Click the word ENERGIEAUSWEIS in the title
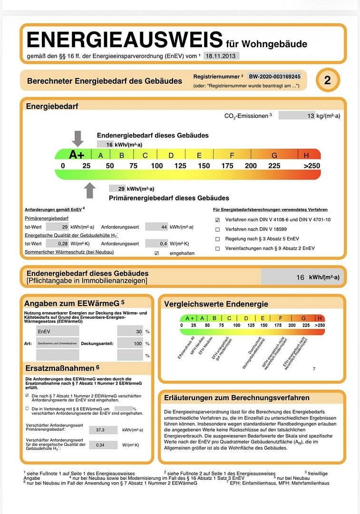[125, 40]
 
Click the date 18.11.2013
[221, 56]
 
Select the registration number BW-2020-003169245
[274, 76]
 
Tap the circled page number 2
[327, 80]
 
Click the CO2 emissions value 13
[311, 116]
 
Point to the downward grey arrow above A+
[78, 138]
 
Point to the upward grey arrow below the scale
[89, 190]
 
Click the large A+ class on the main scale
[77, 155]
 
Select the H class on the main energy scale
[306, 155]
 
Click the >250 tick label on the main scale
[312, 166]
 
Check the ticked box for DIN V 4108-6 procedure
[217, 220]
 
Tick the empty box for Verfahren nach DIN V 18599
[217, 229]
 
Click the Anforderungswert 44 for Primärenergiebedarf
[164, 227]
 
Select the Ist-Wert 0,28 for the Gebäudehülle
[62, 244]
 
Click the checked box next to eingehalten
[156, 253]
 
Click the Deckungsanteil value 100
[138, 343]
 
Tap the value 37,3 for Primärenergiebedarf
[100, 430]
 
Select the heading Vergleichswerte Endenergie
[216, 304]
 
